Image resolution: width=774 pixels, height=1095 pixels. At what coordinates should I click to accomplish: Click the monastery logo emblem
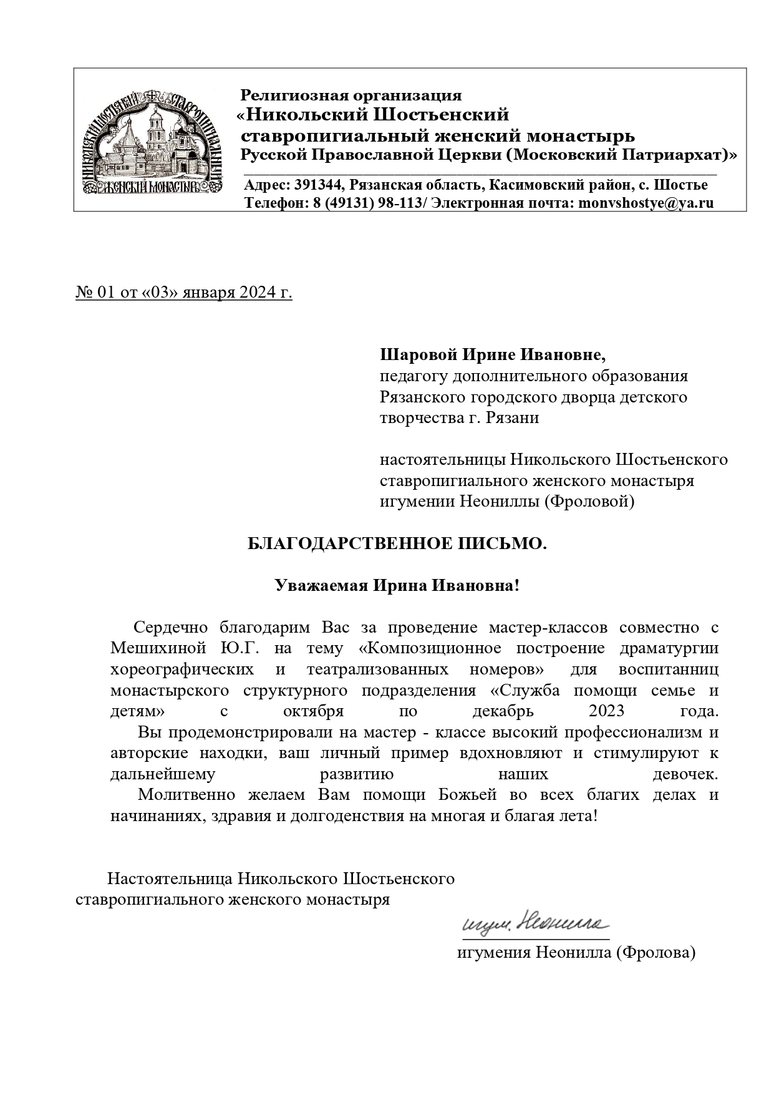point(153,141)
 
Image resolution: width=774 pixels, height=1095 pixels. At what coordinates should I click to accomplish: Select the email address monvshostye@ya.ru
point(646,203)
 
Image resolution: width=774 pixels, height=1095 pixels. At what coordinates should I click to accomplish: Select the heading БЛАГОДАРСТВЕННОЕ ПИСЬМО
point(397,544)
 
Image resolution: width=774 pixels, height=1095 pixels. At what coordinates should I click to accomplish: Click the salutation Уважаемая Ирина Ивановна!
point(397,586)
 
